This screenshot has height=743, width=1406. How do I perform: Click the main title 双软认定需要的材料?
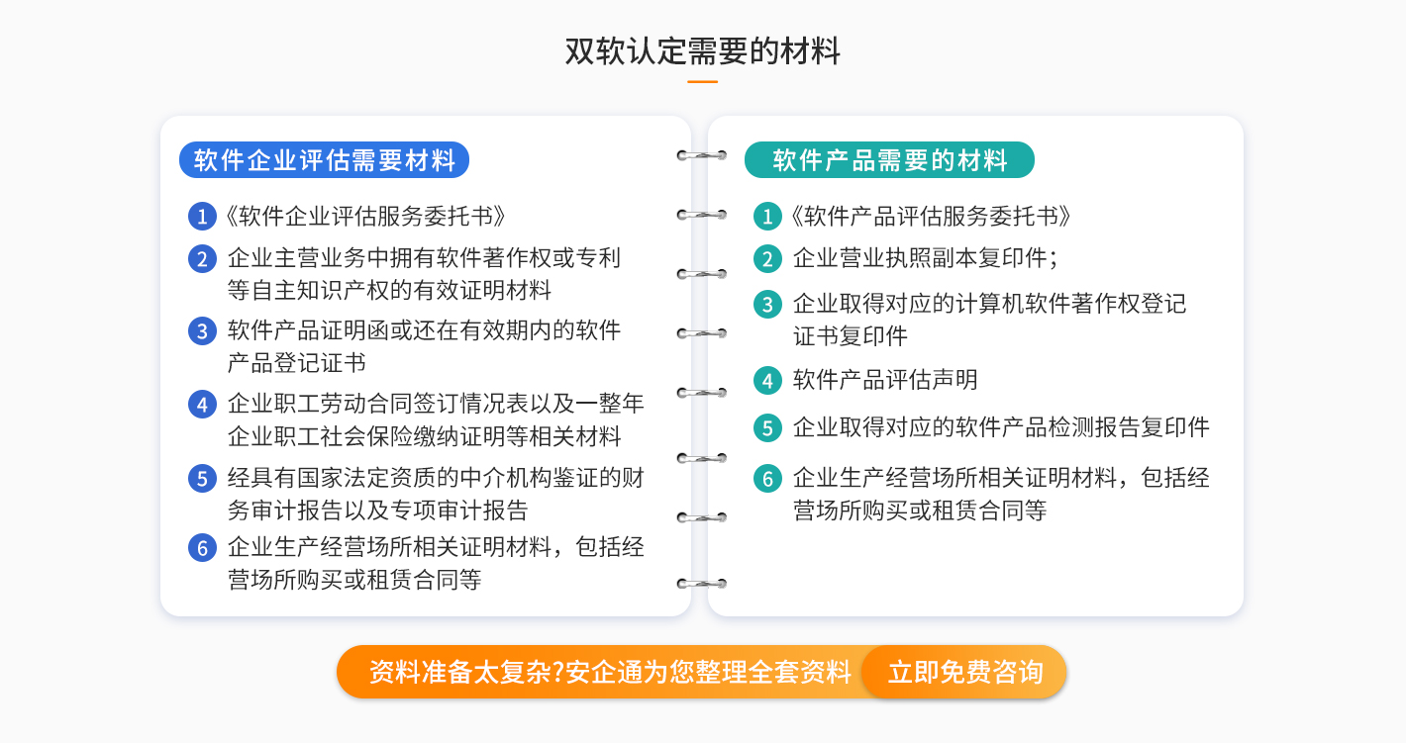(x=702, y=50)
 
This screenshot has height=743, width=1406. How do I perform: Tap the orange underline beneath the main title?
(x=702, y=81)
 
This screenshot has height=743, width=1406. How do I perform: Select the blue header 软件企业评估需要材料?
(x=324, y=160)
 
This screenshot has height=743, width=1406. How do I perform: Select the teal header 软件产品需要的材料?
(x=889, y=160)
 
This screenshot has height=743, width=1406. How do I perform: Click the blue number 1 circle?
(x=202, y=217)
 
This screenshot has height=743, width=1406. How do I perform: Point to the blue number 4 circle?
(x=202, y=405)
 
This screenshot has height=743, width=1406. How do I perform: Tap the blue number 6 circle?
(x=202, y=548)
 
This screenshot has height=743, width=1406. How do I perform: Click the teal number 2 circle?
(x=767, y=259)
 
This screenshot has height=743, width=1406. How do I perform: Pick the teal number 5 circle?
(x=767, y=428)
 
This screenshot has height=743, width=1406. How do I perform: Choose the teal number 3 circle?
(x=767, y=305)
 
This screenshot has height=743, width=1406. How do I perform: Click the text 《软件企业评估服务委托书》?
(x=364, y=217)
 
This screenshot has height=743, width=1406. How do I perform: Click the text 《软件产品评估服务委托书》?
(x=930, y=217)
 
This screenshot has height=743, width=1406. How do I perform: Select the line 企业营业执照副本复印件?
(x=925, y=258)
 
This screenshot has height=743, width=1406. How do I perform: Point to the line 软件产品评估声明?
(x=885, y=380)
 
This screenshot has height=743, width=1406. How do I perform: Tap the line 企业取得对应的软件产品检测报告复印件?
(x=1001, y=427)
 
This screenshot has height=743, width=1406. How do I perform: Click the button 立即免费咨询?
(x=964, y=672)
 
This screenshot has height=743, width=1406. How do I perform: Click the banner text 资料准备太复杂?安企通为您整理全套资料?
(x=610, y=672)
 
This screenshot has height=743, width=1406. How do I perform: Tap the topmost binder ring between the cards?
(x=702, y=155)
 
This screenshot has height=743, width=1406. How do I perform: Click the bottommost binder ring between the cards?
(x=702, y=584)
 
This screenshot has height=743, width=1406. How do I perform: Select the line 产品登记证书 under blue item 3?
(x=296, y=363)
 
